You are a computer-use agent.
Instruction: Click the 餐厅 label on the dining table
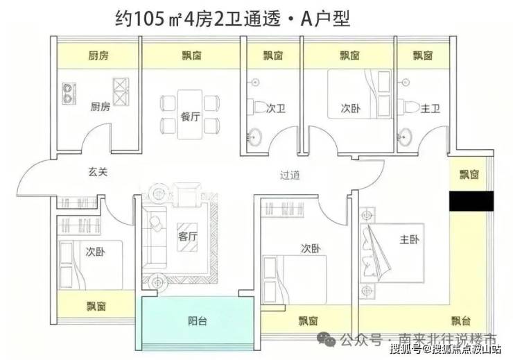pos(190,116)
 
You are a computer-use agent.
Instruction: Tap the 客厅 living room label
pos(187,237)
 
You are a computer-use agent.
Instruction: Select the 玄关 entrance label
pos(98,172)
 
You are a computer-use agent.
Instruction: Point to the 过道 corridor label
pos(290,175)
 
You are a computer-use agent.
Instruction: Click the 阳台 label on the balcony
pos(198,321)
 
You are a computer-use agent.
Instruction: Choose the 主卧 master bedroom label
pos(409,239)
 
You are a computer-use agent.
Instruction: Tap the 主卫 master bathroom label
pos(431,108)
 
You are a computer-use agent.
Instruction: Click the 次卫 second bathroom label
pos(276,108)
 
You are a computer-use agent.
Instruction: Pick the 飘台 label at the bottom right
pos(460,320)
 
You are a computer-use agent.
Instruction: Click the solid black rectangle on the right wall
pos(471,201)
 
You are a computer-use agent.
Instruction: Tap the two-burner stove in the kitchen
pos(69,93)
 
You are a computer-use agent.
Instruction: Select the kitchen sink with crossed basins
pos(121,92)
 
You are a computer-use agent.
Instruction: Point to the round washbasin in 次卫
pos(254,137)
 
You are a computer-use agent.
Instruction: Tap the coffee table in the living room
pos(186,237)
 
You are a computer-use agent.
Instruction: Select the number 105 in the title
pos(149,19)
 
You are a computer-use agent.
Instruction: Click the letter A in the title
pos(306,19)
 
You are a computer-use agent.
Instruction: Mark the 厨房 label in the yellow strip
pos(98,55)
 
